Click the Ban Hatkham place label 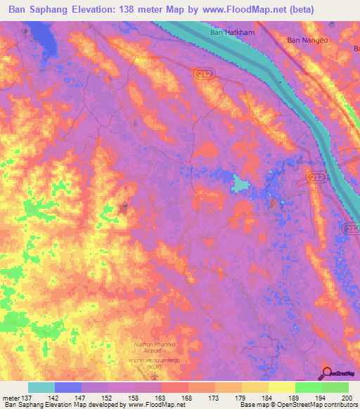click(233, 32)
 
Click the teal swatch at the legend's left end click(41, 387)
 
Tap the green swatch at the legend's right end click(335, 387)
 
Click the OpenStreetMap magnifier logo click(328, 373)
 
